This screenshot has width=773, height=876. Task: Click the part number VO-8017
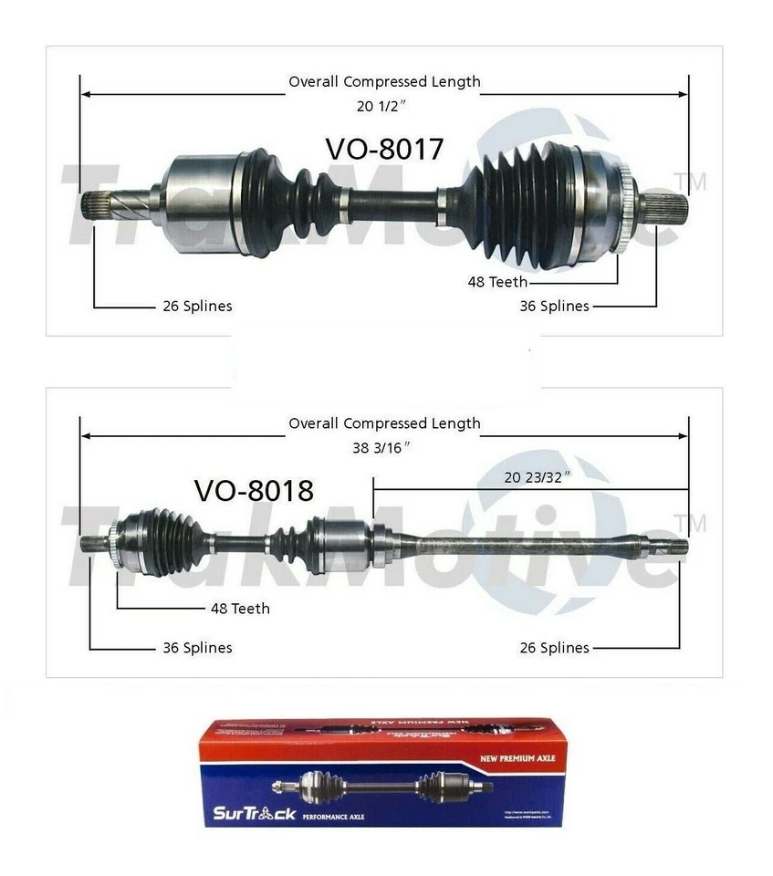384,149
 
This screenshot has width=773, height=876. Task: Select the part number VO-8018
254,491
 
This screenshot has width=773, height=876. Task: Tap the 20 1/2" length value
381,105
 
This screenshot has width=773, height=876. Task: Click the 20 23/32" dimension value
538,477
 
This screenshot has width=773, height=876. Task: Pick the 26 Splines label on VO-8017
196,307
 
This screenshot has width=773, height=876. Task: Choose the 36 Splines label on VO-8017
554,307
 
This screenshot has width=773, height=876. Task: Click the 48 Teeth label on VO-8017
497,282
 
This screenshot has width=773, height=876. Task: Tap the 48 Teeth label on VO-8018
240,608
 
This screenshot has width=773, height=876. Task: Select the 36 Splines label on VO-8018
197,648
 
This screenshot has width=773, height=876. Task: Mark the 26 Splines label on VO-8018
554,648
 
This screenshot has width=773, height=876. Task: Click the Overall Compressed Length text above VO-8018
384,423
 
